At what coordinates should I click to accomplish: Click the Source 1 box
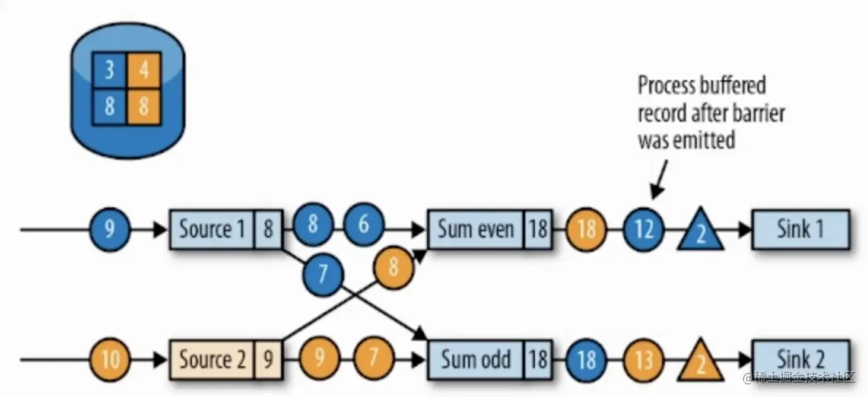pos(212,230)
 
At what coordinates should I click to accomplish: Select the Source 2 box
pos(212,360)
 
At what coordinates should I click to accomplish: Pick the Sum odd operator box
pos(476,360)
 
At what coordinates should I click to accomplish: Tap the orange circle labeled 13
pos(644,361)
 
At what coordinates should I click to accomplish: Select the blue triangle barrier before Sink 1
pos(700,232)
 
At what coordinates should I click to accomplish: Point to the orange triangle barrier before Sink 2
pos(700,362)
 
